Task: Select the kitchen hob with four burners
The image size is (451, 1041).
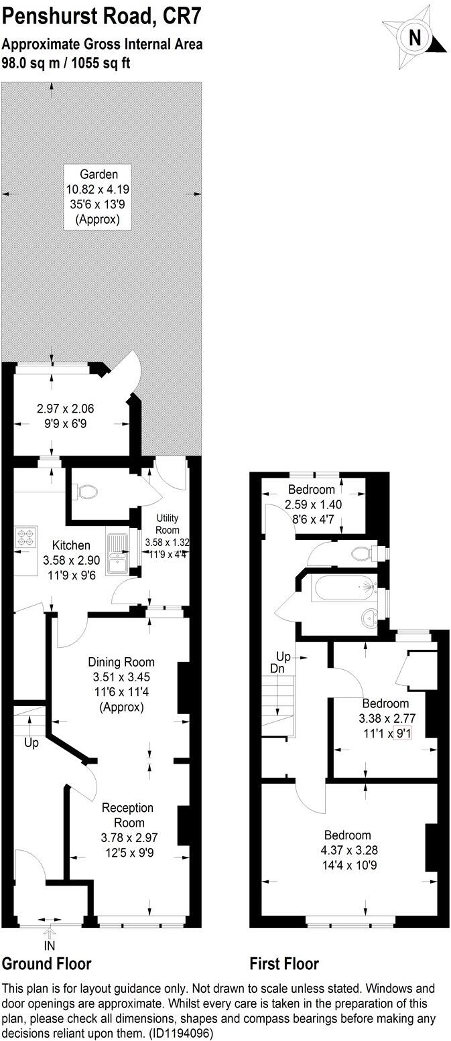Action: (26, 539)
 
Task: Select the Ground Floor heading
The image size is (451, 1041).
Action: (46, 964)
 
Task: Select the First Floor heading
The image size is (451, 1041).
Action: (284, 964)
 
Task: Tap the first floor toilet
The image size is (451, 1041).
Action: (364, 553)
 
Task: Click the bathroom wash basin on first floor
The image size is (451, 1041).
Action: (369, 616)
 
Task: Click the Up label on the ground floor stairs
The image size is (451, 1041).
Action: (31, 743)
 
